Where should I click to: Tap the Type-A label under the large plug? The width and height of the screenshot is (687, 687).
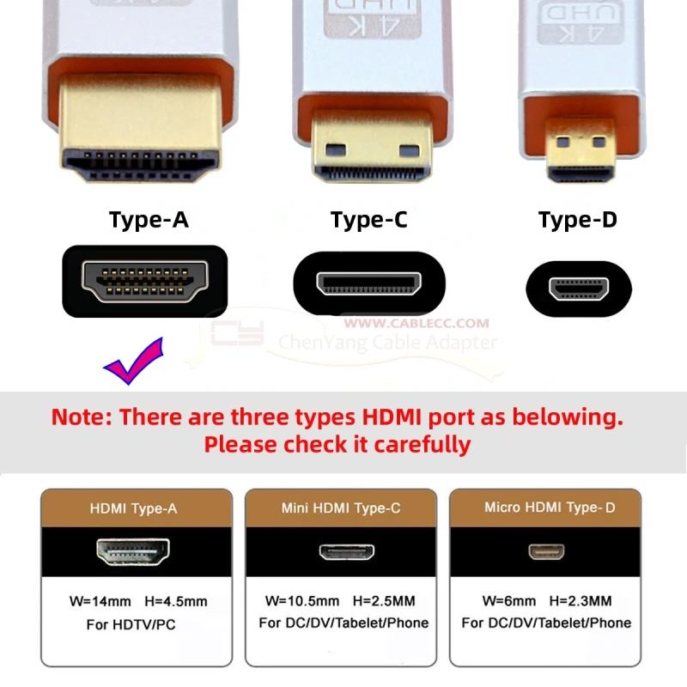pyautogui.click(x=149, y=220)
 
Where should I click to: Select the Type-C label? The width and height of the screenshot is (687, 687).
pyautogui.click(x=369, y=220)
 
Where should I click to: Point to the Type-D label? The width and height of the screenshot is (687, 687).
pyautogui.click(x=578, y=220)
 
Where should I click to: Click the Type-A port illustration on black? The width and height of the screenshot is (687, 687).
pyautogui.click(x=144, y=281)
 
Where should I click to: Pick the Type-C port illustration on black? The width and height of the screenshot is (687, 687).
pyautogui.click(x=369, y=283)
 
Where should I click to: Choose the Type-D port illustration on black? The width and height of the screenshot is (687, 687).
pyautogui.click(x=579, y=289)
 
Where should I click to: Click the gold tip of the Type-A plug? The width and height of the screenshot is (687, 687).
pyautogui.click(x=140, y=127)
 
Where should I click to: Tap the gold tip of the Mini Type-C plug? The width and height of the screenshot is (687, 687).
pyautogui.click(x=372, y=147)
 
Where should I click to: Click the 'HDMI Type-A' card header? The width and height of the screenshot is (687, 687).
pyautogui.click(x=137, y=508)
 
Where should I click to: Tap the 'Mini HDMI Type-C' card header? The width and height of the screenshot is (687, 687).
pyautogui.click(x=341, y=508)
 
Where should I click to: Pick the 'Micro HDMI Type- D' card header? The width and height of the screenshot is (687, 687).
pyautogui.click(x=545, y=508)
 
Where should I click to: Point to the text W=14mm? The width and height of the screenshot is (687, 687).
pyautogui.click(x=100, y=602)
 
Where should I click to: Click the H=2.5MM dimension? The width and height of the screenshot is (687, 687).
pyautogui.click(x=384, y=600)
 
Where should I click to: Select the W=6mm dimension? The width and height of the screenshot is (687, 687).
pyautogui.click(x=508, y=600)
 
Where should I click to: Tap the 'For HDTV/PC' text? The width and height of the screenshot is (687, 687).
pyautogui.click(x=131, y=624)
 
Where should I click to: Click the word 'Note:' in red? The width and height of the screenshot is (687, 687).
pyautogui.click(x=82, y=416)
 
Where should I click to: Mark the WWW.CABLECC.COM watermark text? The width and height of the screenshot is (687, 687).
pyautogui.click(x=416, y=324)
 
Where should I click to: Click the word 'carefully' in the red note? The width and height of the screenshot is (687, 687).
pyautogui.click(x=423, y=445)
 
